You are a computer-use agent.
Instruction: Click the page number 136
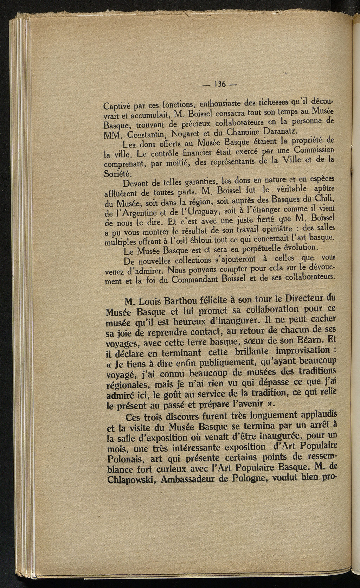(221, 84)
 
